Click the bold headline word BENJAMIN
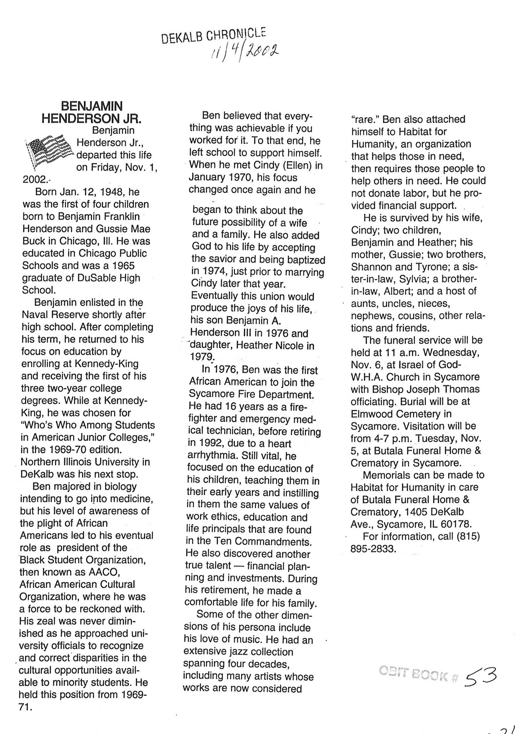(92, 106)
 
